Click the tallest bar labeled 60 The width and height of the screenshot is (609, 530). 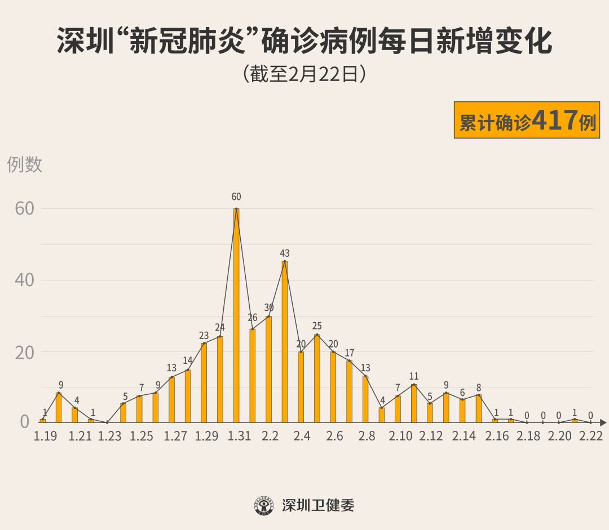pos(236,315)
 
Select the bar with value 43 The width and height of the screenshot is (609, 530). pos(285,341)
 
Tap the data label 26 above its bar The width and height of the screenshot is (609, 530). pos(253,318)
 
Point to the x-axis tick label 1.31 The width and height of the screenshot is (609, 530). pos(240,436)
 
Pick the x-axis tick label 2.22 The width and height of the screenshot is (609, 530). pos(590,436)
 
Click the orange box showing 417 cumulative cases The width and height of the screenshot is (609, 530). pos(527,120)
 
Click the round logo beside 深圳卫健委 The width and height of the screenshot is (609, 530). pos(263,505)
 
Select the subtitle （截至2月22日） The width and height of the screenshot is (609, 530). pos(304,74)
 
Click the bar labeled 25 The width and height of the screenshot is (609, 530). pos(317,378)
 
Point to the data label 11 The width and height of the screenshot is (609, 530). pos(414,376)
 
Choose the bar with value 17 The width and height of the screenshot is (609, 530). pos(350,391)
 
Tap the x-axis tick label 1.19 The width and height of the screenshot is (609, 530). pos(46,436)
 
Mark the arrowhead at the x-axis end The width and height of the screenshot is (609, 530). pos(603,421)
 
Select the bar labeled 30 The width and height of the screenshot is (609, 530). pos(268,369)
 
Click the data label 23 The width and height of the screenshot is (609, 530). pos(204,336)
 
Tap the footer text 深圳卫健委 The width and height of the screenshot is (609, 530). pos(318,505)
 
